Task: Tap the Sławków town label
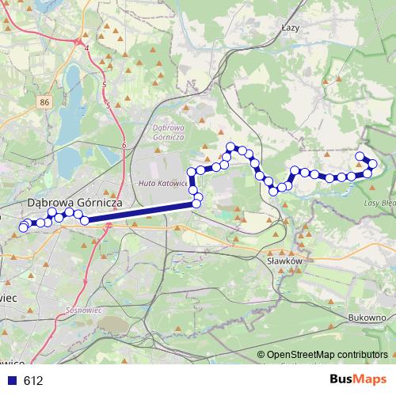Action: point(284,259)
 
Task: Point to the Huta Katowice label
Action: point(163,183)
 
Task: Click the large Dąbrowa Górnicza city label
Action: point(74,203)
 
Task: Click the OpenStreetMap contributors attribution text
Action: point(326,355)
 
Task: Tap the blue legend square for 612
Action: point(12,381)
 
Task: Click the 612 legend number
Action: point(33,381)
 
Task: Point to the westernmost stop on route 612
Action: point(22,229)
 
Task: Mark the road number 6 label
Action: point(124,146)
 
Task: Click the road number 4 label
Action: point(86,48)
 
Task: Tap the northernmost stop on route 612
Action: point(231,147)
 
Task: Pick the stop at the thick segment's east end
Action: point(196,205)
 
